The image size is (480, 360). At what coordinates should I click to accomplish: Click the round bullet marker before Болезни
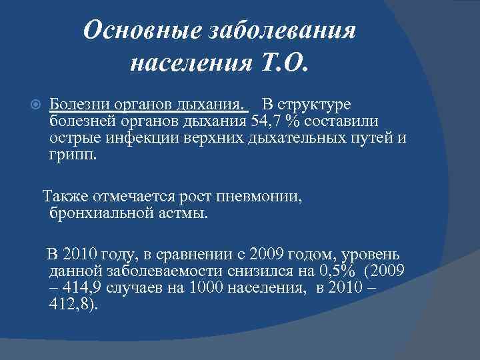click(37, 106)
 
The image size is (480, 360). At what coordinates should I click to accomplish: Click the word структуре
click(317, 105)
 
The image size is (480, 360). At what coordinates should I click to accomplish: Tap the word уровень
click(369, 255)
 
